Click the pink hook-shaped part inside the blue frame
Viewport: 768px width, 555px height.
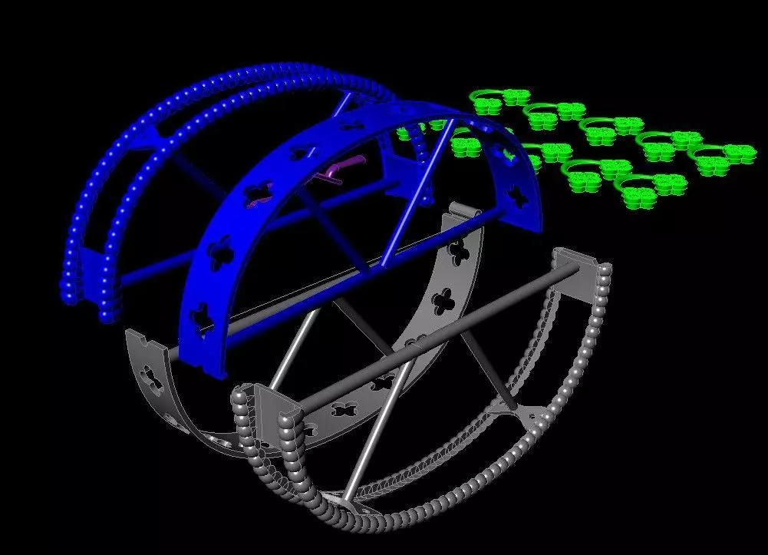[335, 170]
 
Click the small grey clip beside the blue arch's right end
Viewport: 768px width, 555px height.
[464, 210]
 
